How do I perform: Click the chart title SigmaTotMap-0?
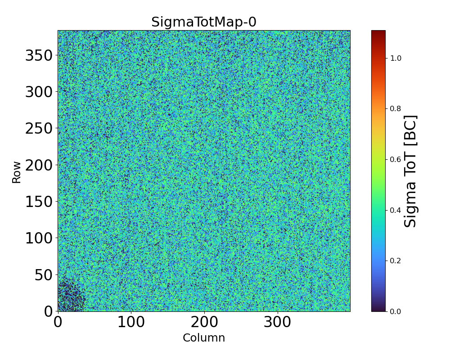tap(204, 22)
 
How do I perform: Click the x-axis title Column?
tap(204, 338)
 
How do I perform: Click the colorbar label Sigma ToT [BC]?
tap(410, 171)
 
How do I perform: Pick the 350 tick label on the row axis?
tap(39, 56)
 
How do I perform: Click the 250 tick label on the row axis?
tap(39, 129)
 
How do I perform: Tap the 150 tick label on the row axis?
tap(39, 202)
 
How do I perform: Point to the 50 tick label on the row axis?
tap(44, 275)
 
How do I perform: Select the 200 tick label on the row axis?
tap(39, 165)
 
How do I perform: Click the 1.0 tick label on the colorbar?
tap(396, 58)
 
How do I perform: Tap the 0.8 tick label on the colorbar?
tap(396, 109)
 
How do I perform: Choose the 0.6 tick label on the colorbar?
tap(396, 159)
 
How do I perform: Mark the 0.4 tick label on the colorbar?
tap(396, 210)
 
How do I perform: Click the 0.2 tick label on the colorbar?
tap(396, 261)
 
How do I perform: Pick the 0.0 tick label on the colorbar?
tap(396, 311)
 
